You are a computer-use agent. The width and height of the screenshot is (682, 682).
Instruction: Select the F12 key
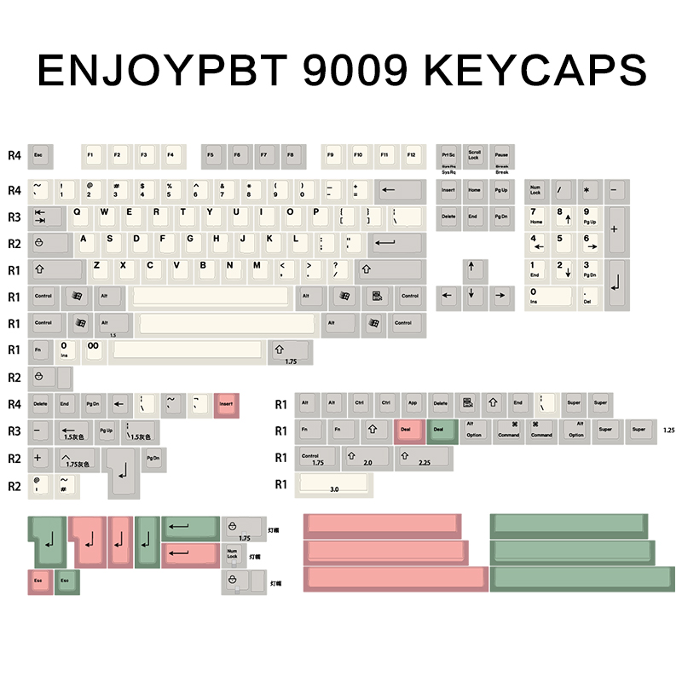click(413, 155)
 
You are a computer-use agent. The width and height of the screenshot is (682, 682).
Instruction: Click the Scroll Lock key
click(474, 155)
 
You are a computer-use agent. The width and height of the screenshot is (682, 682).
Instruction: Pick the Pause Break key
click(501, 155)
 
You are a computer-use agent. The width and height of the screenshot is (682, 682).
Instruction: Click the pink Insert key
click(227, 404)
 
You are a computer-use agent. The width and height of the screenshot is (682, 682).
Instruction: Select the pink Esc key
click(39, 582)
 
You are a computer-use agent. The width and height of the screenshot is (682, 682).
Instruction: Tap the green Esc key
click(66, 582)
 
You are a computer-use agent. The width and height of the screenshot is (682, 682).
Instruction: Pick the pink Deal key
click(407, 431)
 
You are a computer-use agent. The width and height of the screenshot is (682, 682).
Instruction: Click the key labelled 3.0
click(334, 485)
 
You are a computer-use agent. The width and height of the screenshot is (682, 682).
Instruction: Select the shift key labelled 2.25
click(424, 458)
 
